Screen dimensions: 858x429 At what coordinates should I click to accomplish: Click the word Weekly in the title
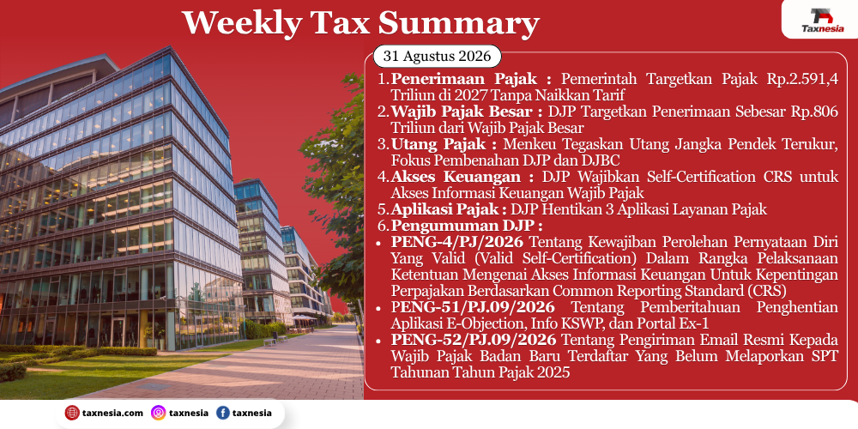pyautogui.click(x=242, y=23)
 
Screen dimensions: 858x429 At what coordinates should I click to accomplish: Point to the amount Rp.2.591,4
pyautogui.click(x=802, y=80)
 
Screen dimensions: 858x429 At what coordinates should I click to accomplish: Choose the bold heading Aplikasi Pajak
pyautogui.click(x=444, y=209)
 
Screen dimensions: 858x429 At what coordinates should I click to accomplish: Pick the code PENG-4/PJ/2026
pyautogui.click(x=457, y=242)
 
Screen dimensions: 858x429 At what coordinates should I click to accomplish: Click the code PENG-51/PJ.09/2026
pyautogui.click(x=473, y=307)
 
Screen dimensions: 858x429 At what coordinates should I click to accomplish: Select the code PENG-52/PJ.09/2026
pyautogui.click(x=474, y=340)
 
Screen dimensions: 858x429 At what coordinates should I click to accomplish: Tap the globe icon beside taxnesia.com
pyautogui.click(x=72, y=413)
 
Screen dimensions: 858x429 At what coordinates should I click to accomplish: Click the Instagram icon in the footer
pyautogui.click(x=159, y=413)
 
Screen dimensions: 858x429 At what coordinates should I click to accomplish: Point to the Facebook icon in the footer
pyautogui.click(x=223, y=413)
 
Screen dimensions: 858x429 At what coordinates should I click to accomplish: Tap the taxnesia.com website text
pyautogui.click(x=112, y=414)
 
